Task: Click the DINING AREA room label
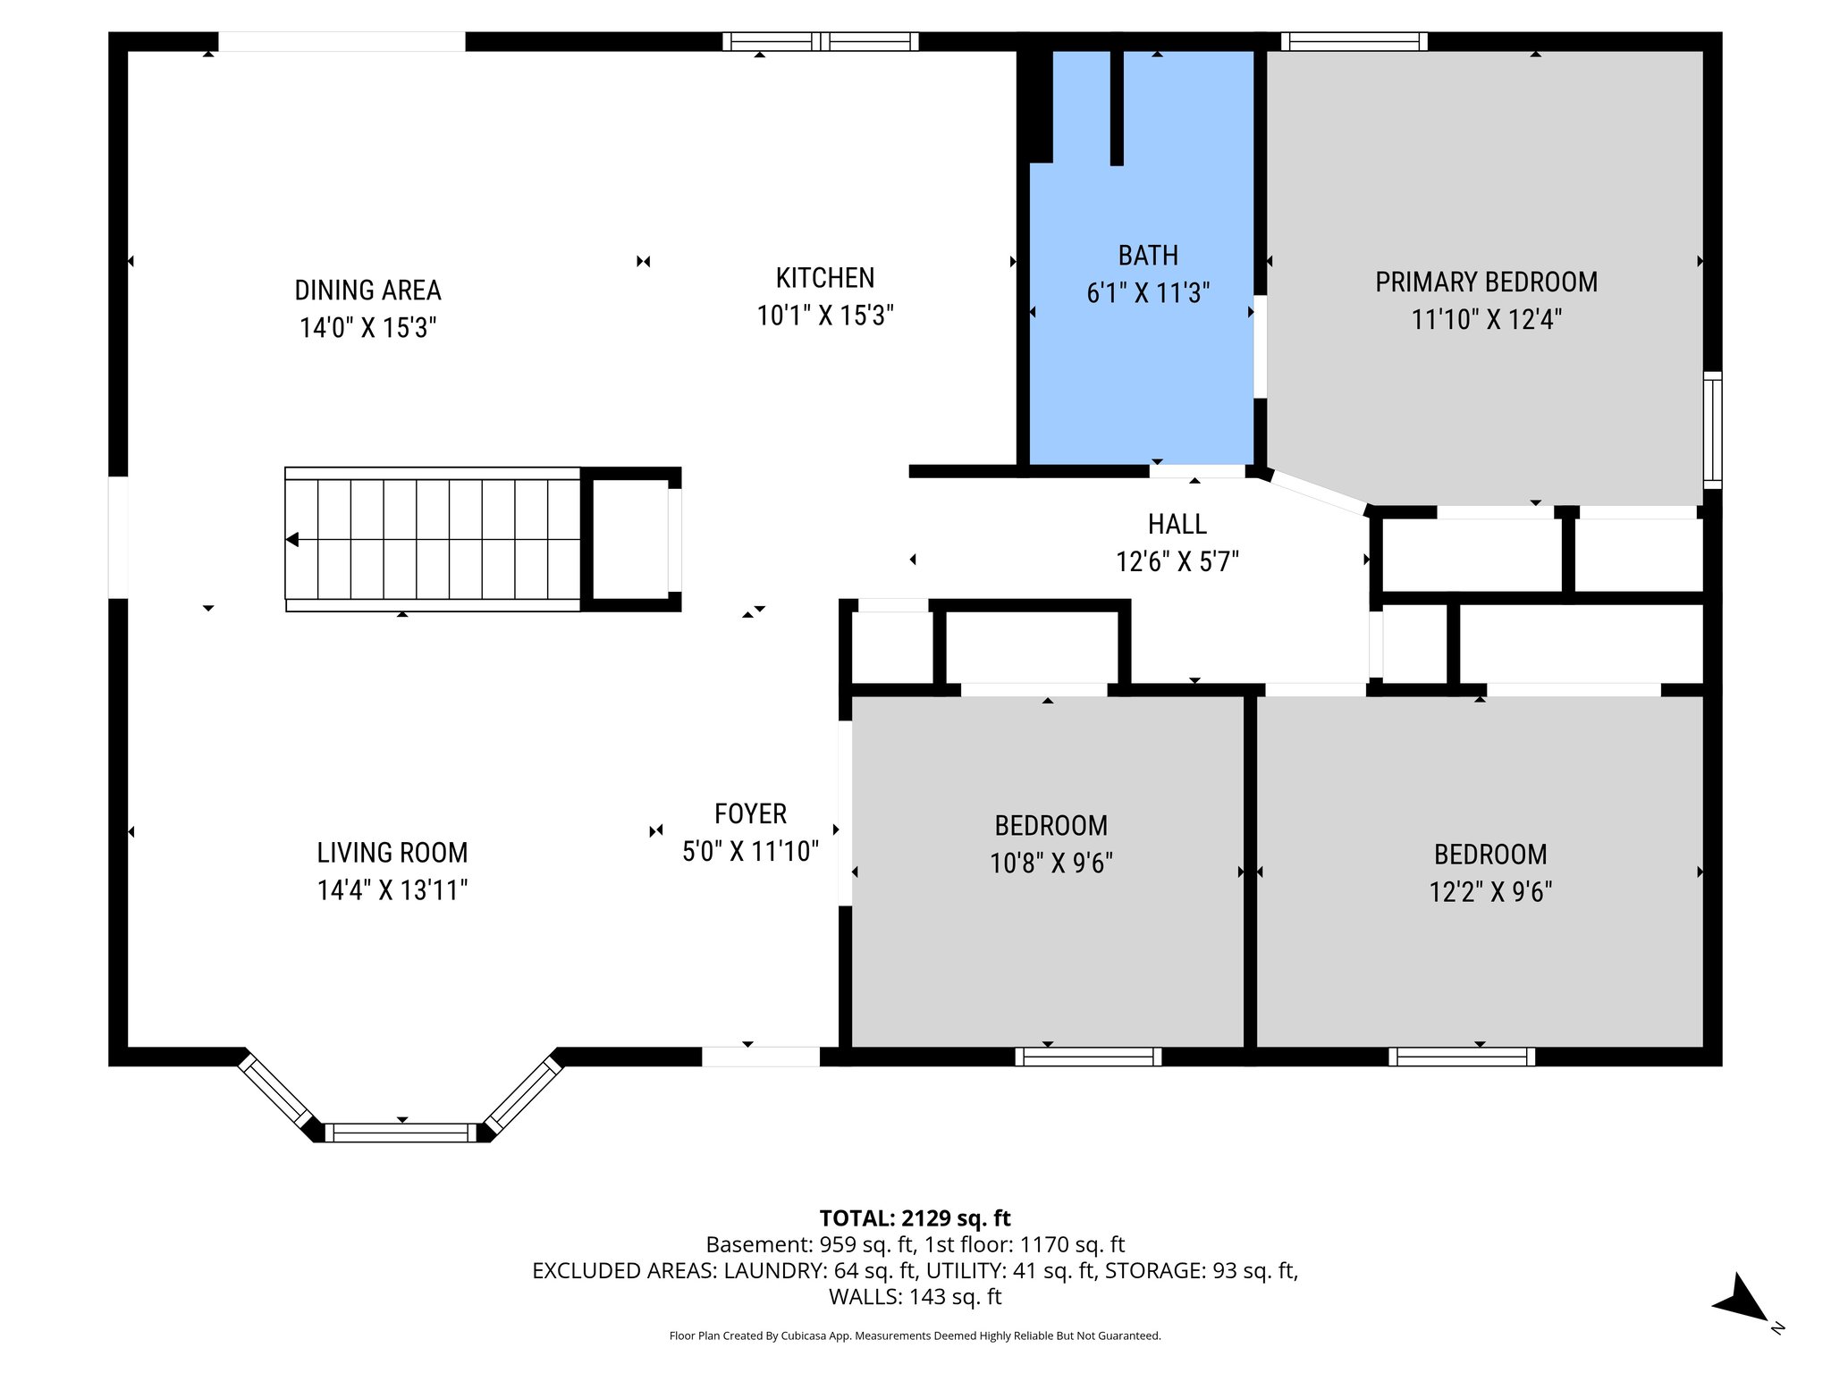(x=367, y=291)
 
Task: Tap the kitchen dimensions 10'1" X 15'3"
(x=825, y=316)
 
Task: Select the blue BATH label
(x=1148, y=256)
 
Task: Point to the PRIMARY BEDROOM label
(x=1486, y=282)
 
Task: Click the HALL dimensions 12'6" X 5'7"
(x=1177, y=561)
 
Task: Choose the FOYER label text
(x=750, y=813)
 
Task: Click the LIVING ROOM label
(x=392, y=853)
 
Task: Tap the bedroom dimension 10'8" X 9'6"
(x=1051, y=863)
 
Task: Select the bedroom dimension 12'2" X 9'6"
(x=1489, y=892)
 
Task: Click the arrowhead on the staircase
(x=292, y=540)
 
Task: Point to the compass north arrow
(x=1741, y=1298)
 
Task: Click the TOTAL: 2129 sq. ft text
(x=915, y=1218)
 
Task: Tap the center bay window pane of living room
(x=401, y=1133)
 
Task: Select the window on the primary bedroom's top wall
(x=1354, y=41)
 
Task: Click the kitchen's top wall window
(x=820, y=41)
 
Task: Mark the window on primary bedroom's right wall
(x=1712, y=430)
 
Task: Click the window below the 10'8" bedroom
(x=1088, y=1057)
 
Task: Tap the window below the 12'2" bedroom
(x=1462, y=1057)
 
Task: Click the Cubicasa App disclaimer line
(x=915, y=1335)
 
